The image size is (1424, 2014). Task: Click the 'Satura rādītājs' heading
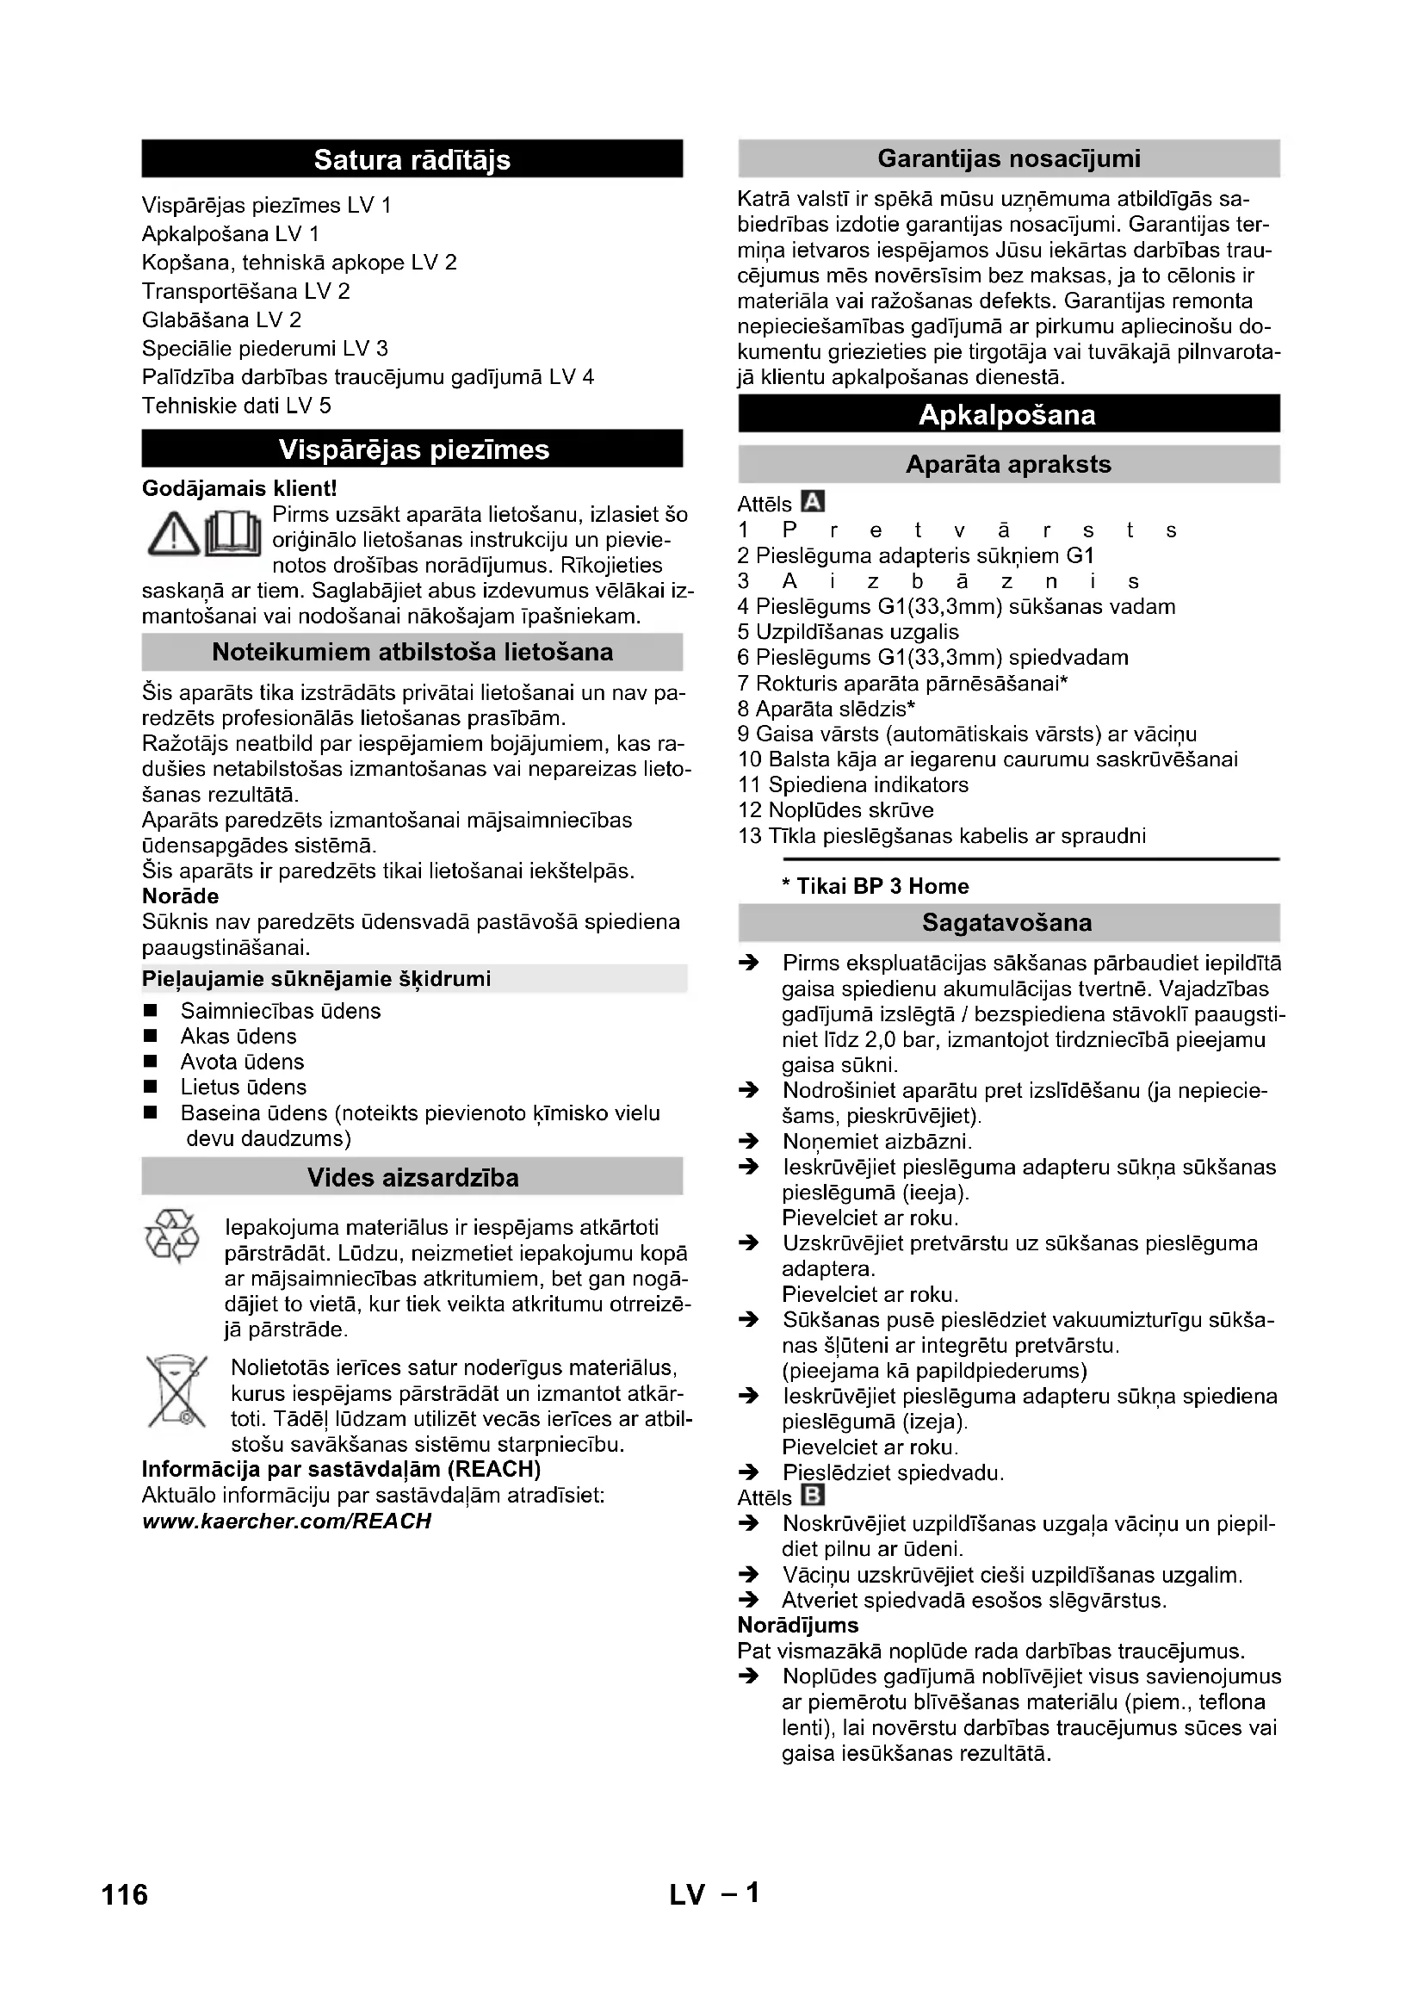pyautogui.click(x=412, y=159)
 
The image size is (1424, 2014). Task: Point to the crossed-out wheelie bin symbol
pyautogui.click(x=176, y=1391)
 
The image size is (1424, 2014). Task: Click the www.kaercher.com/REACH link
pyautogui.click(x=287, y=1521)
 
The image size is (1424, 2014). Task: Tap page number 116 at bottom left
pyautogui.click(x=126, y=1894)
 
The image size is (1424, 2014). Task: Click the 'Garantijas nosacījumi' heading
pyautogui.click(x=1008, y=158)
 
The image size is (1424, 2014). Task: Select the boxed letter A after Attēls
pyautogui.click(x=814, y=502)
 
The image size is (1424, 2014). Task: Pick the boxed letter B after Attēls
pyautogui.click(x=814, y=1495)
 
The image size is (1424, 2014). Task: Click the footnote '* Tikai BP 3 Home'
pyautogui.click(x=875, y=886)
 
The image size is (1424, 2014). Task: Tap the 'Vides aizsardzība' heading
pyautogui.click(x=412, y=1177)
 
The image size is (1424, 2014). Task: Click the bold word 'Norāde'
pyautogui.click(x=181, y=896)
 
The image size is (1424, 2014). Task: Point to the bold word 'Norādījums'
pyautogui.click(x=798, y=1626)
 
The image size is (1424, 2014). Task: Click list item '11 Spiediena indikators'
pyautogui.click(x=853, y=784)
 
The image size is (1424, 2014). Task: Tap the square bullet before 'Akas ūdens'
pyautogui.click(x=151, y=1036)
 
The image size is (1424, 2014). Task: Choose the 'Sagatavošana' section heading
pyautogui.click(x=1008, y=923)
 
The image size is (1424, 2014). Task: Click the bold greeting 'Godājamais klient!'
pyautogui.click(x=239, y=487)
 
